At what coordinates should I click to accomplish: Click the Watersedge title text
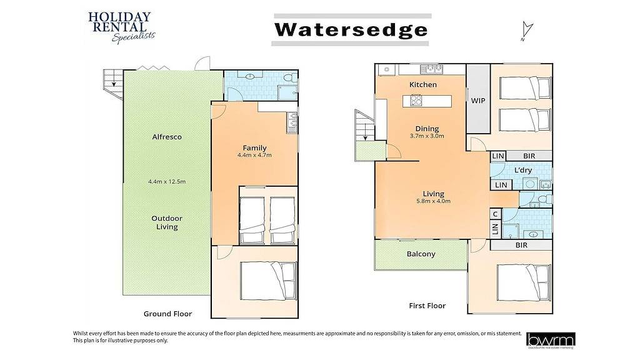click(351, 29)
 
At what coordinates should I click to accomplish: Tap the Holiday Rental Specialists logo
click(120, 27)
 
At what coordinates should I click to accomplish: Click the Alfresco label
click(167, 137)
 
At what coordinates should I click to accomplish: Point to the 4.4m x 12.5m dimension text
click(167, 182)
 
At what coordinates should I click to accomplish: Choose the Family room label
click(255, 148)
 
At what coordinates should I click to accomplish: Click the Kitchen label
click(422, 84)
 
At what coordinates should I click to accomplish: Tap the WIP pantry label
click(478, 101)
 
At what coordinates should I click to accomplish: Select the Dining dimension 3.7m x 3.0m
click(427, 136)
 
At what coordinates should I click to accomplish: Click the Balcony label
click(421, 254)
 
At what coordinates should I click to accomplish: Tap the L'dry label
click(522, 170)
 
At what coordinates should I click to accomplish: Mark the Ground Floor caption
click(167, 314)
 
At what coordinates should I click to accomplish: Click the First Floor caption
click(427, 306)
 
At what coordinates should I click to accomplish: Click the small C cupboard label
click(495, 214)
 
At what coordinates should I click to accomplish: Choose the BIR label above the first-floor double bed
click(521, 246)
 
